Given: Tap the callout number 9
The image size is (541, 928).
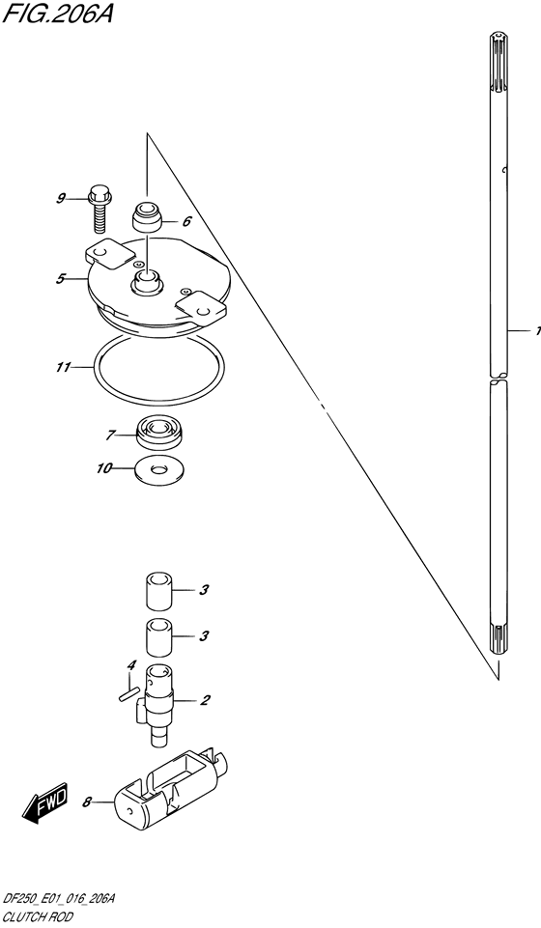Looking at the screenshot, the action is [x=60, y=199].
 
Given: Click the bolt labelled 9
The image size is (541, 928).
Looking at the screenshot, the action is [x=97, y=207].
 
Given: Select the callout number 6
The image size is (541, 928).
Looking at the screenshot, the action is [x=186, y=221].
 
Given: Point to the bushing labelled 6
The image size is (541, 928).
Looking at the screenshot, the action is [x=147, y=217].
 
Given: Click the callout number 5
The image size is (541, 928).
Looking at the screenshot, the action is [x=60, y=279].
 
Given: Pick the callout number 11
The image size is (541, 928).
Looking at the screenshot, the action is [x=62, y=368].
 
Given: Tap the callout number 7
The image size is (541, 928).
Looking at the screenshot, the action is [x=111, y=434].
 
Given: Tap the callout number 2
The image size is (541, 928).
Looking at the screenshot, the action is [x=205, y=700].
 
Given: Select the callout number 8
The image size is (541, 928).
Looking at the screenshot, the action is [x=87, y=801].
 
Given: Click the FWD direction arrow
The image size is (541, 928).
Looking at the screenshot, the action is [x=44, y=804].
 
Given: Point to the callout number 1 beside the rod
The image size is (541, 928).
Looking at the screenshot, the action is [x=536, y=331].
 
